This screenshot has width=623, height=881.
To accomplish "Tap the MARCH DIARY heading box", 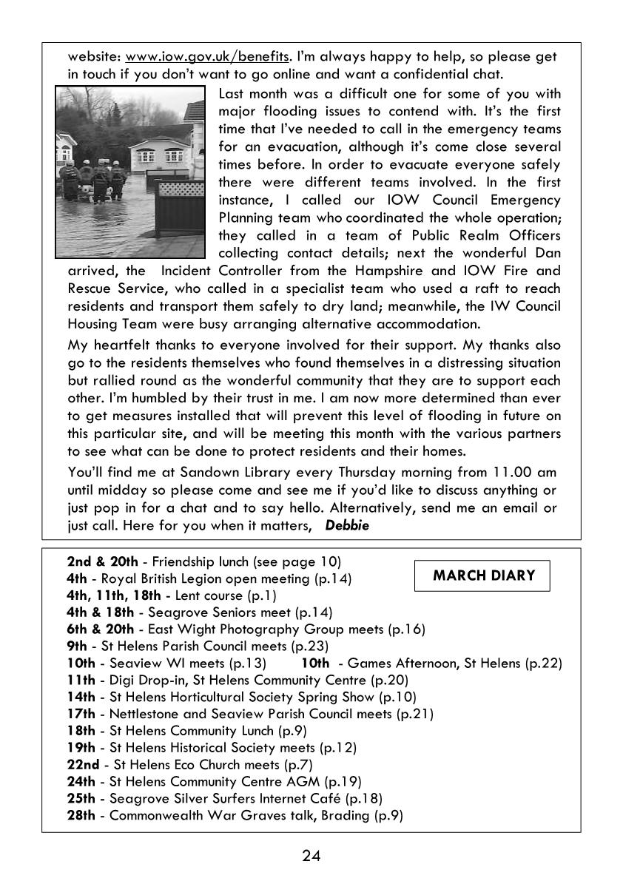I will [x=483, y=575].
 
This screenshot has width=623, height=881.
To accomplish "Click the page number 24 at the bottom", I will [x=311, y=856].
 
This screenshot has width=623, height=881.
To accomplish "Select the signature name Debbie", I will [x=347, y=525].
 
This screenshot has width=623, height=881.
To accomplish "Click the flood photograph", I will [x=130, y=171].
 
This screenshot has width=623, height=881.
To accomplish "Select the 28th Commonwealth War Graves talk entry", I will [x=235, y=816].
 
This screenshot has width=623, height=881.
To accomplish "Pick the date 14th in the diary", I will [x=81, y=697].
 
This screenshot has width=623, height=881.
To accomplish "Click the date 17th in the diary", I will [x=81, y=714].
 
